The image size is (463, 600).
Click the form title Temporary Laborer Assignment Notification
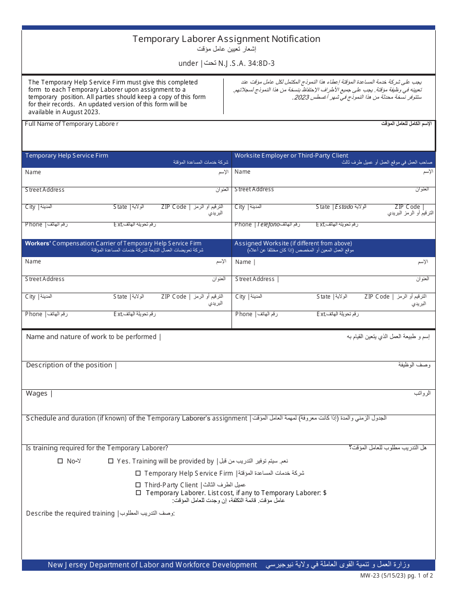pyautogui.click(x=226, y=39)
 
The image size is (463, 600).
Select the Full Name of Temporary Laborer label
pyautogui.click(x=72, y=124)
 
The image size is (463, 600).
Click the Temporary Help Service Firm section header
pyautogui.click(x=67, y=156)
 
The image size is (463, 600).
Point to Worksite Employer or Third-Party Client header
pyautogui.click(x=291, y=156)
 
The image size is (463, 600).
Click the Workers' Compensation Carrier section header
pyautogui.click(x=113, y=243)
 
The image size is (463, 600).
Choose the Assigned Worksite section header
pyautogui.click(x=293, y=243)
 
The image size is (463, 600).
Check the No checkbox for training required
pyautogui.click(x=60, y=461)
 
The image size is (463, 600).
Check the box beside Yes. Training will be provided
pyautogui.click(x=111, y=461)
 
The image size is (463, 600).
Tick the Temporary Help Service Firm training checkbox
pyautogui.click(x=138, y=473)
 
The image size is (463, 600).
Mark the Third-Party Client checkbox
pyautogui.click(x=138, y=485)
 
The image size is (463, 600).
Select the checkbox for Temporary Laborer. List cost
pyautogui.click(x=138, y=493)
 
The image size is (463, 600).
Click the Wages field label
pyautogui.click(x=37, y=394)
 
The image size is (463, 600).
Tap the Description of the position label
pyautogui.click(x=69, y=365)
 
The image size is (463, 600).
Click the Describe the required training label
pyautogui.click(x=70, y=513)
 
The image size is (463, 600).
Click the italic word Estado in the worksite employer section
pyautogui.click(x=344, y=207)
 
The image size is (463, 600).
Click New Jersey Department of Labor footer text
pyautogui.click(x=152, y=565)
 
